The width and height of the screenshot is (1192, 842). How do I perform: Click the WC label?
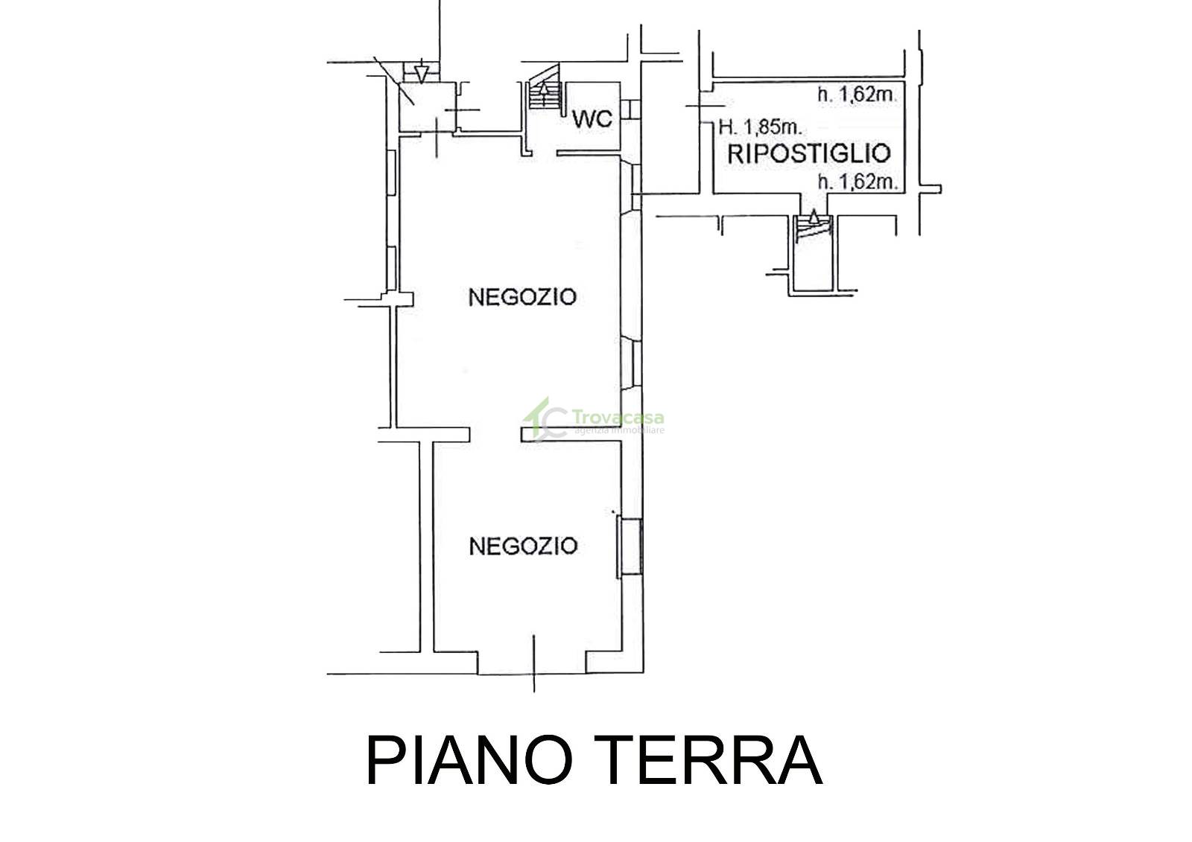click(592, 119)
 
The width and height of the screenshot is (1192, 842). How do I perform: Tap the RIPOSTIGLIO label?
click(809, 153)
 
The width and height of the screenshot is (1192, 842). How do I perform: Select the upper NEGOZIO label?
click(522, 297)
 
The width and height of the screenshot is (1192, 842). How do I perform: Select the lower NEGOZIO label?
click(523, 546)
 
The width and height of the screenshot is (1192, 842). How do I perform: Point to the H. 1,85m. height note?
click(760, 127)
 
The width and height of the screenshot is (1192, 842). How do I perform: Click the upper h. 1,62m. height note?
click(857, 95)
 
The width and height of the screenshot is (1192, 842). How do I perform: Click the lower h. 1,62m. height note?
click(857, 182)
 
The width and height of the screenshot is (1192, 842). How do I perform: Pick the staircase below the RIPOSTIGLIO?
click(813, 228)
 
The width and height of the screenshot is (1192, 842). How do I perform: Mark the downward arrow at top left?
click(421, 74)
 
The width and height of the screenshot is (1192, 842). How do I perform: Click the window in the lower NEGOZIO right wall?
click(630, 547)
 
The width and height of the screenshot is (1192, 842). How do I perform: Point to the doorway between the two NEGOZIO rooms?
click(495, 435)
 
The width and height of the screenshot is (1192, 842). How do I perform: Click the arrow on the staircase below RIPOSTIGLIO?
click(813, 218)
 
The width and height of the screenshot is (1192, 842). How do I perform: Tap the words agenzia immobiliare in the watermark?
click(619, 430)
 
